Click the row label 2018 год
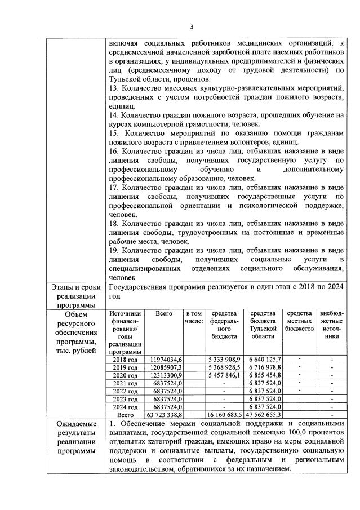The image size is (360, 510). pos(126,360)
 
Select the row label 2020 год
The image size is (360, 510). pos(126,375)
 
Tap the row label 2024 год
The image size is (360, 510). pos(126,407)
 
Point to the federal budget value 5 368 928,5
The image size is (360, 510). pos(224,367)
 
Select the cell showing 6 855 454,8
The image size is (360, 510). pos(265,375)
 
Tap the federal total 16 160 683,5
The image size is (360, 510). pos(224,415)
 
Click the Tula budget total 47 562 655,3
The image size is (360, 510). pos(264,415)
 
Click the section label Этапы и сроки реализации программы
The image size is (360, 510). pos(75,296)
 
